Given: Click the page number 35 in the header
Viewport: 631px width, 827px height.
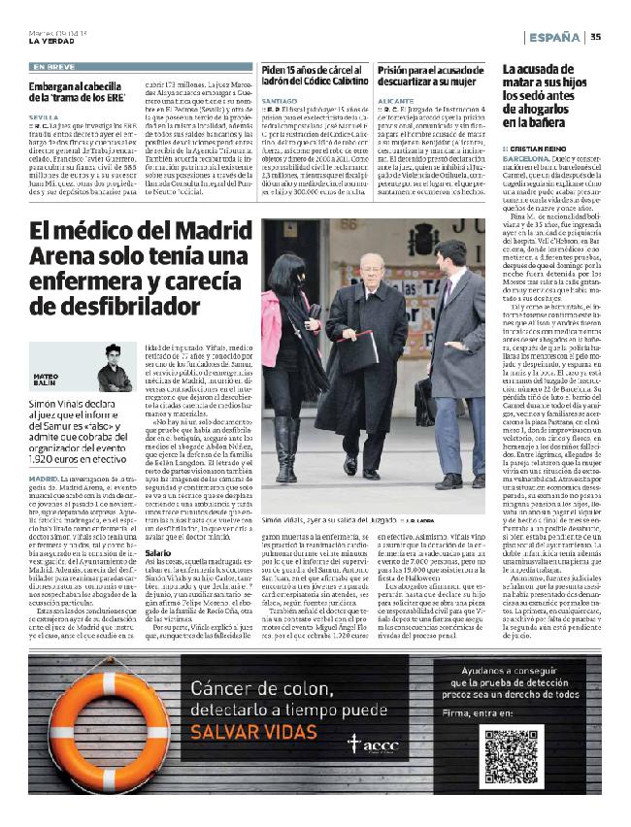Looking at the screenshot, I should coord(595,37).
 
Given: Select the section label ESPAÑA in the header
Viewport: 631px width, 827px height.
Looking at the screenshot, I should coord(555,37).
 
